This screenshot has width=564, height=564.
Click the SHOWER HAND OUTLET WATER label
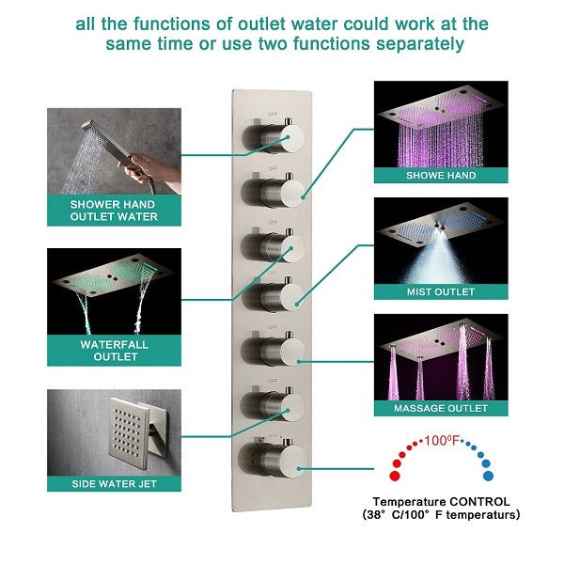[114, 210]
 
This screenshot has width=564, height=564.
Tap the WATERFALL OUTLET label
[114, 351]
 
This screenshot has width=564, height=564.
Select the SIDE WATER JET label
[114, 483]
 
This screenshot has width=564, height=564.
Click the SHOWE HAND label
[441, 175]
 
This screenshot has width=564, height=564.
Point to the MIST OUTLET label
[441, 292]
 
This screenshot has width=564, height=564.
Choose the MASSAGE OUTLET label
[441, 409]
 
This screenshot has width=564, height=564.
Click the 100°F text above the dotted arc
[440, 439]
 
